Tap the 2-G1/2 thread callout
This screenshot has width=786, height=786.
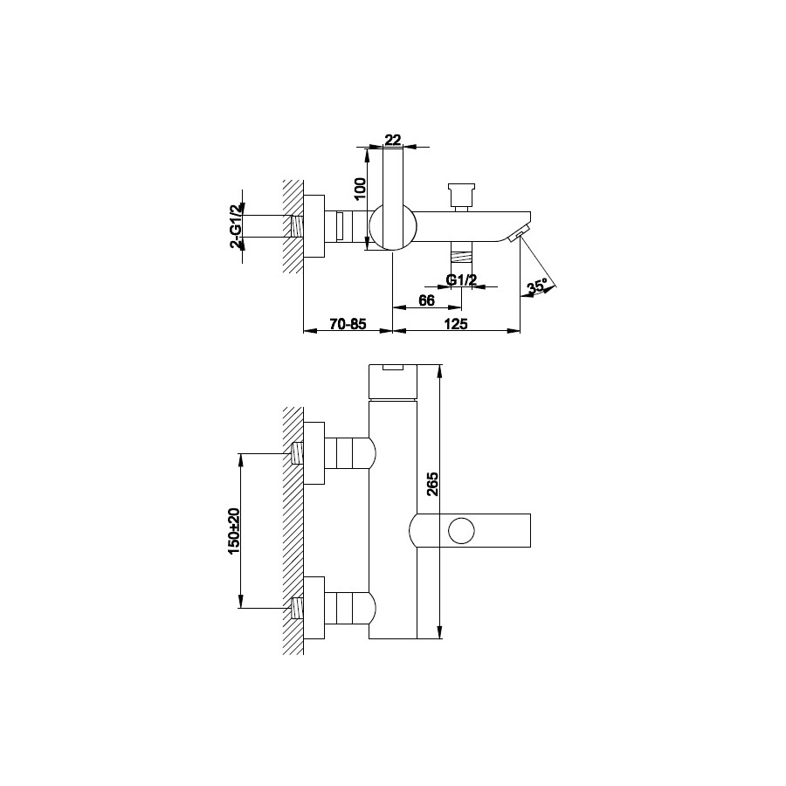click(236, 227)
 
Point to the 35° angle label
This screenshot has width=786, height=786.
click(536, 287)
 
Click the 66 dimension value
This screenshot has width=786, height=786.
click(426, 300)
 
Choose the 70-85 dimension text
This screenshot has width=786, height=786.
click(348, 324)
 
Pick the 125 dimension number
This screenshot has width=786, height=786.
click(456, 324)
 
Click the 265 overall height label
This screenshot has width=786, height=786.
click(432, 484)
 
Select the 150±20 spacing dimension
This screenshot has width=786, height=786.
click(235, 531)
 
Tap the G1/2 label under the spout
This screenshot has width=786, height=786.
click(461, 279)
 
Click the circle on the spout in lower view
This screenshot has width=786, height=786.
click(461, 531)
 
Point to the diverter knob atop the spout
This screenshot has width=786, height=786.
click(462, 196)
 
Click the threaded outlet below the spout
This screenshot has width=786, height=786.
click(462, 252)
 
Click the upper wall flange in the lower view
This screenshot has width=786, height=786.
click(314, 453)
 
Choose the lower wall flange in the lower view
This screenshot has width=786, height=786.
click(314, 608)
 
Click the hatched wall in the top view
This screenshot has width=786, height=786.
click(293, 226)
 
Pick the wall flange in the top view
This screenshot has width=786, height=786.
click(314, 226)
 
